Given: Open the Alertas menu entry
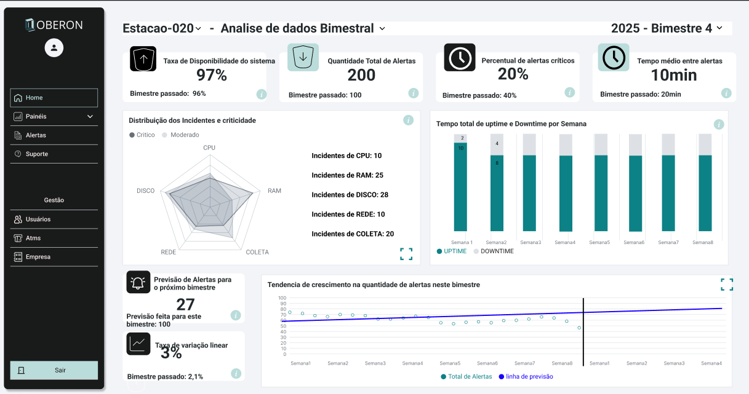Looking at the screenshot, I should pos(36,135).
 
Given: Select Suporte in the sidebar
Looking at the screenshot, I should pos(36,154).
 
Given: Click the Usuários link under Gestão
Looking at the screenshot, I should pos(38,219).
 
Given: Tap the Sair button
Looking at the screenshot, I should pos(54,370).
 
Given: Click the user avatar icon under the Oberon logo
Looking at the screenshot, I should pos(54,48).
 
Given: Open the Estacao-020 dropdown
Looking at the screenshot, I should pos(162,28).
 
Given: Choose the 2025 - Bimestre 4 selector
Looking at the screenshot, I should pos(667,28).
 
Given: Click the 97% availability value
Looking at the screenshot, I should pos(212,76).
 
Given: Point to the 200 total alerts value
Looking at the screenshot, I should pos(361,75).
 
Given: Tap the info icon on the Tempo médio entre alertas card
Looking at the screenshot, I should pos(726,93).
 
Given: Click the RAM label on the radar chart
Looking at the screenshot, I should pos(274,191).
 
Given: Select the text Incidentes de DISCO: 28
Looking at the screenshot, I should pos(350,195).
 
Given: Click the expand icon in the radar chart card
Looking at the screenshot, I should pos(406,254).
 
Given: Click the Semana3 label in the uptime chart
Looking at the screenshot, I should pos(531,242).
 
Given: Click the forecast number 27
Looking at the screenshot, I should pos(185,304).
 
